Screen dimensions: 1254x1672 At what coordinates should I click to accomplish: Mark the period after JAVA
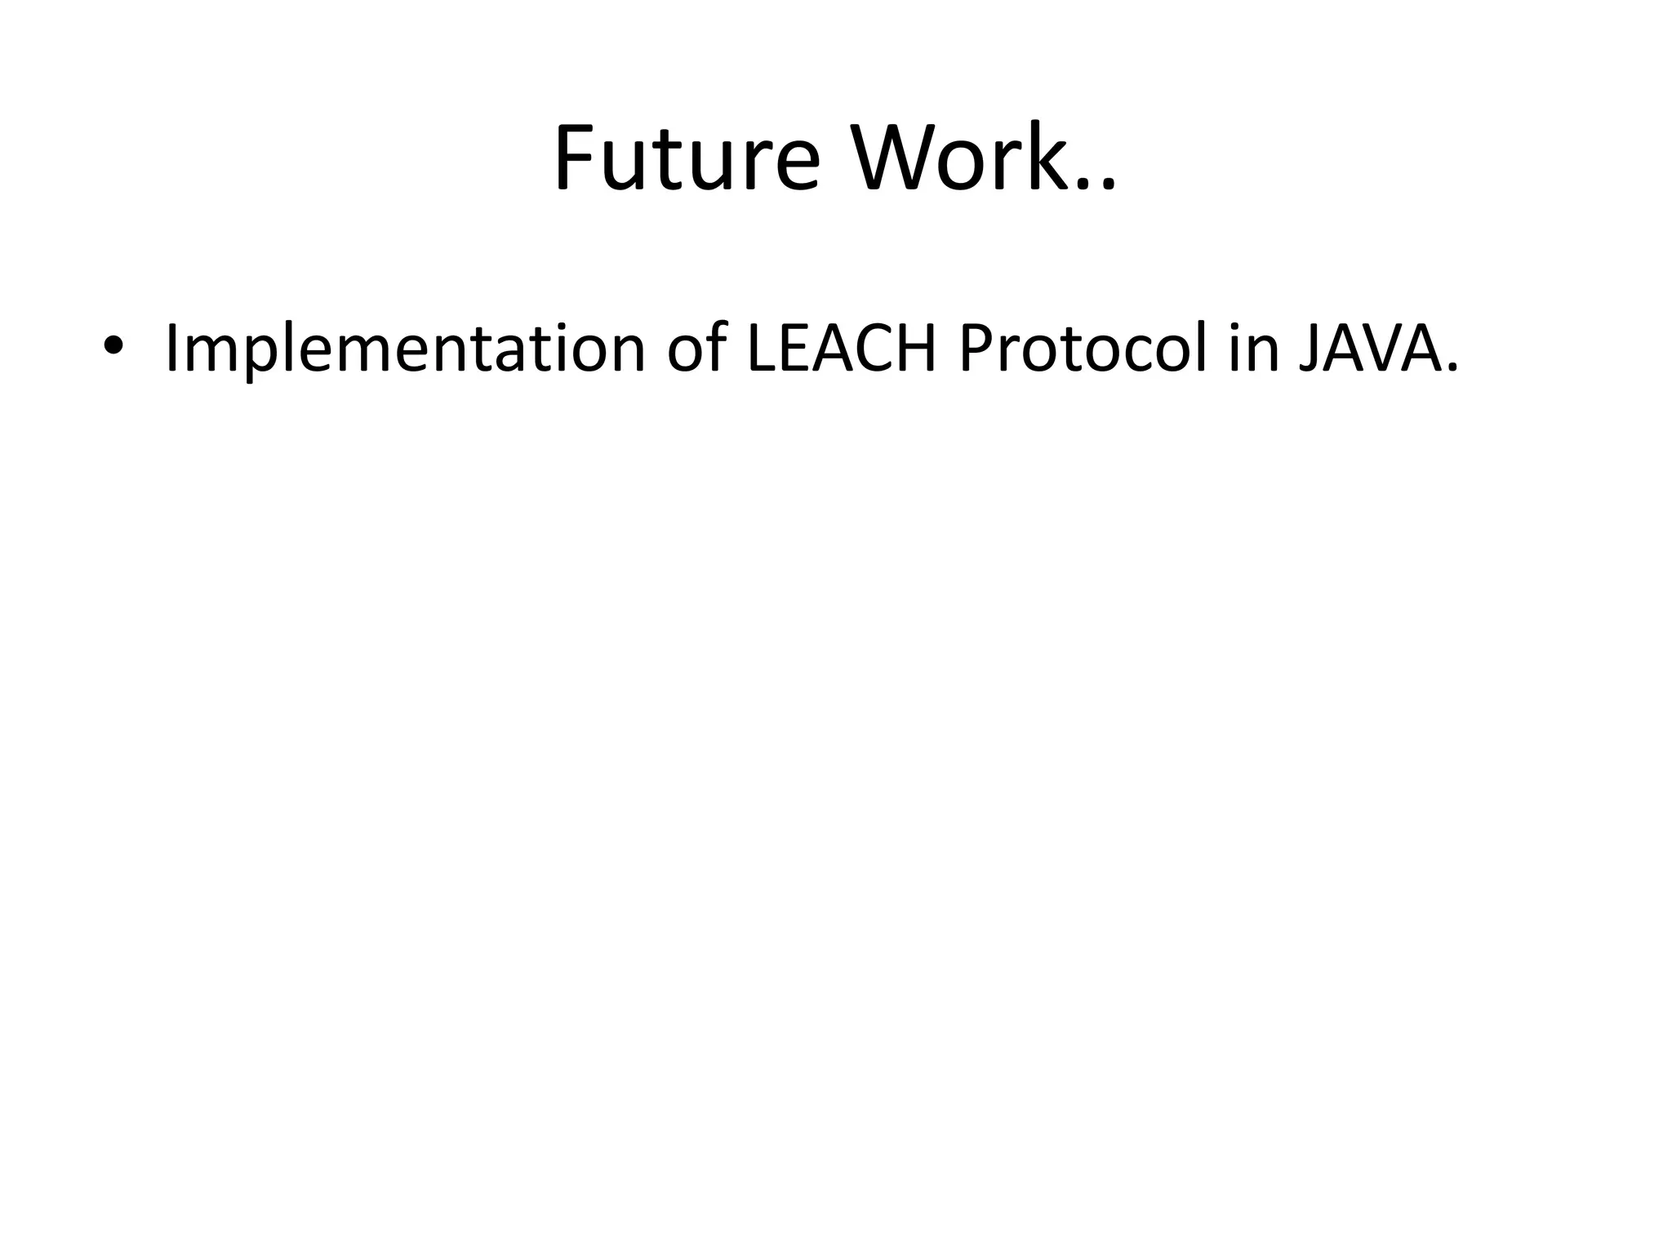pyautogui.click(x=1451, y=369)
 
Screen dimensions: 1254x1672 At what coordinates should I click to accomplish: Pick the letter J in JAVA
pyautogui.click(x=1309, y=349)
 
